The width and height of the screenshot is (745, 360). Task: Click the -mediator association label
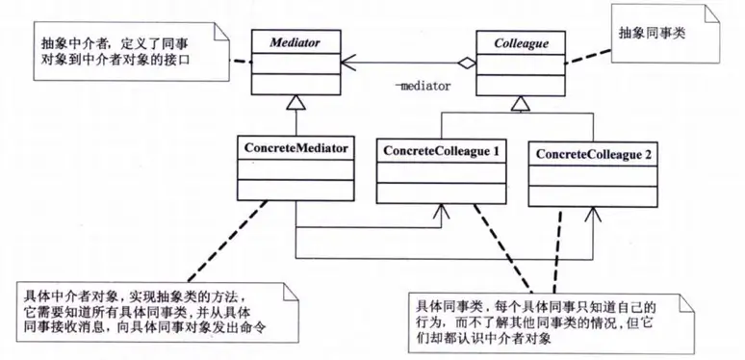point(424,86)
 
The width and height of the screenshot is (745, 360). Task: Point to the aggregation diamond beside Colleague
point(467,64)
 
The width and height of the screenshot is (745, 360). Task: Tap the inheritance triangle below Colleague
point(520,101)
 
